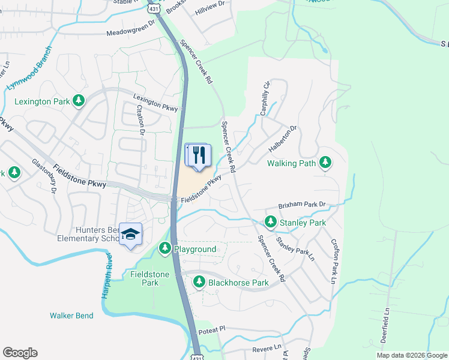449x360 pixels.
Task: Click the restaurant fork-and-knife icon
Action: click(x=199, y=155)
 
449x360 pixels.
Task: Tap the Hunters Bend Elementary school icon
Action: click(x=130, y=234)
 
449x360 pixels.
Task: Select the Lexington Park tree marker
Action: click(x=78, y=101)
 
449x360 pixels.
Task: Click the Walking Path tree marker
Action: click(x=325, y=162)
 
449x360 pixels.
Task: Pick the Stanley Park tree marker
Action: click(x=271, y=223)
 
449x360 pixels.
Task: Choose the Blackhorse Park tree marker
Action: click(x=199, y=282)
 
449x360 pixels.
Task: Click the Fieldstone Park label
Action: click(x=149, y=278)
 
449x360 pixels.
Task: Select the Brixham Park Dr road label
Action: click(x=301, y=205)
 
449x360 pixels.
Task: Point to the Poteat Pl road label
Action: click(x=213, y=329)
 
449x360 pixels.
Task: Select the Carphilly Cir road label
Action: click(x=265, y=98)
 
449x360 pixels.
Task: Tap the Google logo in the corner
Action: click(x=20, y=353)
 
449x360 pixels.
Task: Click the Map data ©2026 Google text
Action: click(x=412, y=355)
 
